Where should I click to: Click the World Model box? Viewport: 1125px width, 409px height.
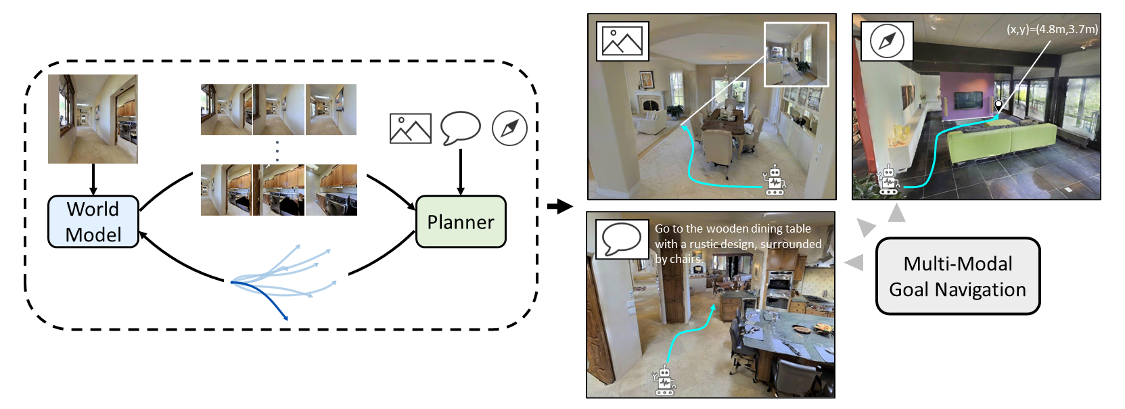(x=93, y=222)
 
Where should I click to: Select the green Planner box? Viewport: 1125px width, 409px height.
(x=461, y=222)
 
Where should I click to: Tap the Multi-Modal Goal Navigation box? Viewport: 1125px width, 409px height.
(x=957, y=276)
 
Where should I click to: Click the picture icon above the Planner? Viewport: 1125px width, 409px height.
(x=410, y=128)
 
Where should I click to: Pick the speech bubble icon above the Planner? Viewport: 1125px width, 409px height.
(x=460, y=128)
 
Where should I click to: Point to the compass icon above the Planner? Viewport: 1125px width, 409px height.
(x=509, y=128)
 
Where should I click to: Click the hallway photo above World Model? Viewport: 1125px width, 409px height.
(x=93, y=119)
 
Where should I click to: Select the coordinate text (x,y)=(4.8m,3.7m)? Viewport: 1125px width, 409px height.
(x=1052, y=29)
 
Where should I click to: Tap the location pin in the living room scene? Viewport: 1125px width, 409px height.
(x=998, y=106)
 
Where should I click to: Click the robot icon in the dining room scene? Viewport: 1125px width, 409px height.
(x=775, y=181)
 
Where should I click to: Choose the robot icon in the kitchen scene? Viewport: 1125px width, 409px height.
(x=664, y=381)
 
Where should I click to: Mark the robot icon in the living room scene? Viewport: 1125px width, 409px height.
(x=888, y=181)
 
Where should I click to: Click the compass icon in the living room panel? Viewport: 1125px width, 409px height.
(x=887, y=41)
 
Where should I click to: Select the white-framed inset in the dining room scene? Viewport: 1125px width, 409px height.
(x=796, y=55)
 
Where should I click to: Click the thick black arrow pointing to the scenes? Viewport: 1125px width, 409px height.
(x=559, y=206)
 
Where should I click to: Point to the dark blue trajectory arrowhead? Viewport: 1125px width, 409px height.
(x=286, y=318)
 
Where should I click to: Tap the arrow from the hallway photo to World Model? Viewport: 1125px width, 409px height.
(x=93, y=180)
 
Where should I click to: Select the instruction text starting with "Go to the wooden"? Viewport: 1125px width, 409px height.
(x=737, y=244)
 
